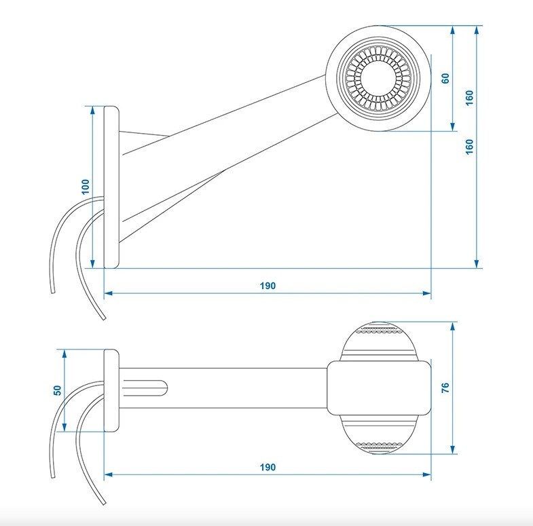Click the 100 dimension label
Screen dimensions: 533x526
(x=86, y=187)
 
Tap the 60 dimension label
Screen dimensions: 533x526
(x=445, y=78)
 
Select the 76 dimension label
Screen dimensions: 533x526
(x=445, y=388)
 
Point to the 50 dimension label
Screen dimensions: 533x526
(x=58, y=390)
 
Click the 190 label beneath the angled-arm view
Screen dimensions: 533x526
(x=268, y=286)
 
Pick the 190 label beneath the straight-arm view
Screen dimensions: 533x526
(x=268, y=467)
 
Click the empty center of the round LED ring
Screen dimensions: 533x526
(x=378, y=78)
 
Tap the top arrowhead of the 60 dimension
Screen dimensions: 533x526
(x=452, y=31)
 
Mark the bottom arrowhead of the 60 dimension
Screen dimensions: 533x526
(x=452, y=126)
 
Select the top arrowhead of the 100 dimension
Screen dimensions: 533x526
(x=93, y=111)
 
